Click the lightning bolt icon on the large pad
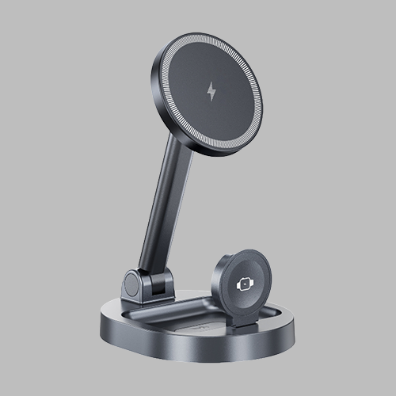[211, 91]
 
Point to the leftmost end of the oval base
[101, 321]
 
